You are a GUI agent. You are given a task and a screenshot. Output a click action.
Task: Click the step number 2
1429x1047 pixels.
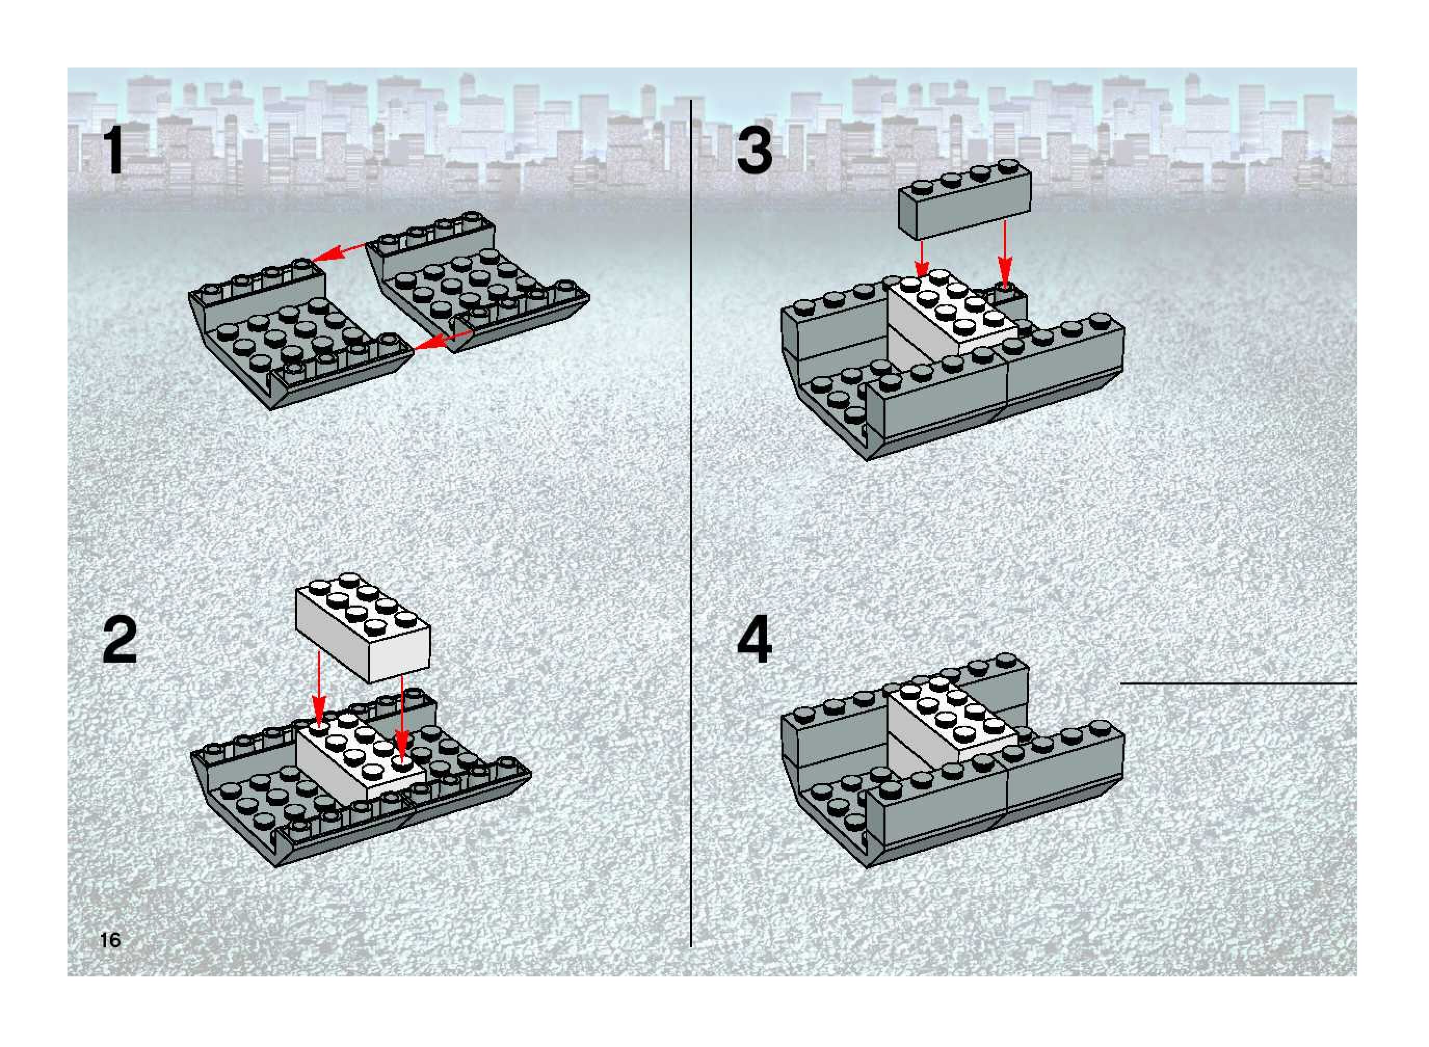coord(120,641)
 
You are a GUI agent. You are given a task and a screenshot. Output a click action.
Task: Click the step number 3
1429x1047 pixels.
coord(755,150)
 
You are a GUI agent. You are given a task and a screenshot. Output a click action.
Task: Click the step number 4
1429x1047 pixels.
coord(755,641)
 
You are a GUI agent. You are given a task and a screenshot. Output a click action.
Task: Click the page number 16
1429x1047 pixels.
coord(110,940)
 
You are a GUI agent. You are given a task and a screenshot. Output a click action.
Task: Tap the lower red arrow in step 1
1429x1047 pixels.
coord(441,340)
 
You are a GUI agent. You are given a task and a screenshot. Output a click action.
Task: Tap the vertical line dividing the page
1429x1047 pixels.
coord(691,523)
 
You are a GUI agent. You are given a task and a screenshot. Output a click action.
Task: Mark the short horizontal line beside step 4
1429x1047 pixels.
coord(1238,684)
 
